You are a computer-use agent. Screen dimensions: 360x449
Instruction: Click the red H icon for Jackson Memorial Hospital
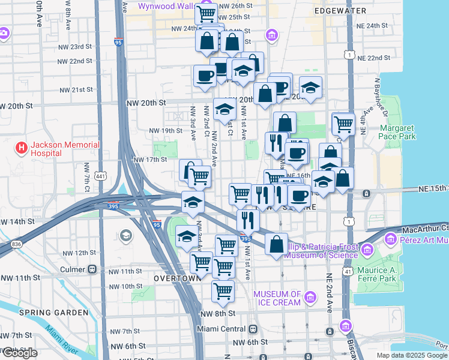[22, 147]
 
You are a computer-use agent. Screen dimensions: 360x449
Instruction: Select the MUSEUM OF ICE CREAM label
[277, 298]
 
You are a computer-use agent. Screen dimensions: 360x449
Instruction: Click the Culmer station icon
[92, 269]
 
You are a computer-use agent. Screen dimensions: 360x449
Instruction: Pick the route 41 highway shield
[348, 272]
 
